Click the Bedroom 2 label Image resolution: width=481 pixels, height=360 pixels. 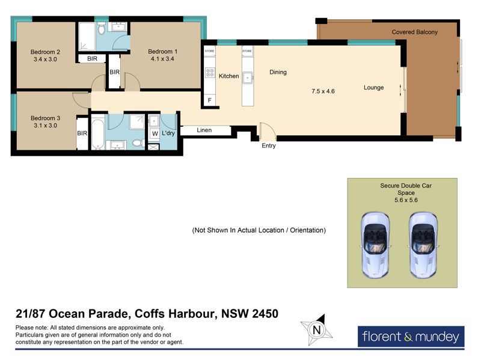point(46,52)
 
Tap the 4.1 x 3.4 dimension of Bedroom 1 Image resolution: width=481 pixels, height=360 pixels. point(162,59)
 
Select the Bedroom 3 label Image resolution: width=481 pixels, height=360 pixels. point(46,118)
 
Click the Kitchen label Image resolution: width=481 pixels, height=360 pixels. point(229,76)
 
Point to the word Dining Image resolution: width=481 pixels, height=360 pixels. point(278,72)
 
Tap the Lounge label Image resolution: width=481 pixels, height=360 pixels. point(373,88)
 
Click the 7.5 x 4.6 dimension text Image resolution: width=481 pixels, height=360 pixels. point(323,91)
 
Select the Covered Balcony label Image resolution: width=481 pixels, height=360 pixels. point(414,32)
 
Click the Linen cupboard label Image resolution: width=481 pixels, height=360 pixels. point(204,130)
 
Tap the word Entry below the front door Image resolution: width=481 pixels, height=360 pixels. point(268,145)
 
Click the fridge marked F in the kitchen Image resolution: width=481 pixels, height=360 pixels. point(209,100)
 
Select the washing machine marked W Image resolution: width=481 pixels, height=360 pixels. point(155,133)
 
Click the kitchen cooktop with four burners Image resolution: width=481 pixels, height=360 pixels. point(210,73)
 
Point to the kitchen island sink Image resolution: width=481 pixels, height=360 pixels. point(248,78)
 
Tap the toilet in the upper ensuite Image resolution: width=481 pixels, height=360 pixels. point(102,29)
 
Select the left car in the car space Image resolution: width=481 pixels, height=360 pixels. point(375,245)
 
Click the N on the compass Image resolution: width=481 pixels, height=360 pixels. point(317,330)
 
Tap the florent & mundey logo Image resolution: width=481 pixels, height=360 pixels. point(411,337)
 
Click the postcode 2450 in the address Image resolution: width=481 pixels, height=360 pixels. point(265,314)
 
